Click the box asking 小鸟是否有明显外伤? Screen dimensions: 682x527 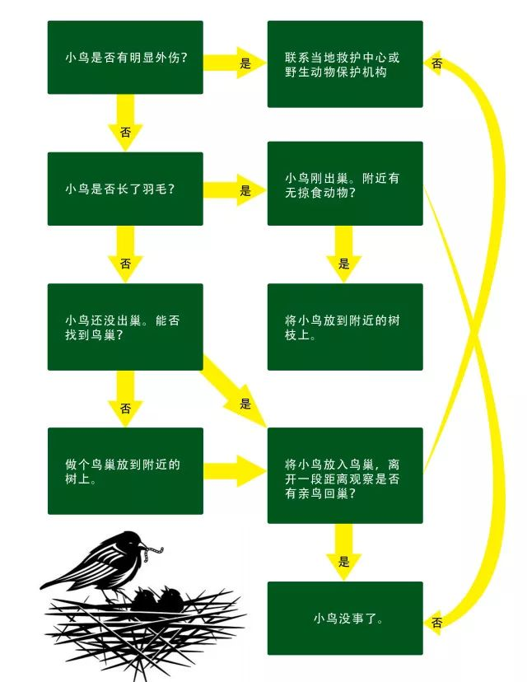(125, 58)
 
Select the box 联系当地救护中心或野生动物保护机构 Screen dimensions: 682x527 (345, 64)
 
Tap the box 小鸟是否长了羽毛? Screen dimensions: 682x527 (125, 189)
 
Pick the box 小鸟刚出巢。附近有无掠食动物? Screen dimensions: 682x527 (345, 183)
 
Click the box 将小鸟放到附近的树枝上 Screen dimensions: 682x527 (345, 327)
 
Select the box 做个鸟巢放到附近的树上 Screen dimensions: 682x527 (125, 471)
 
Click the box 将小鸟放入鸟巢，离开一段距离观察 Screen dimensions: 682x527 (345, 475)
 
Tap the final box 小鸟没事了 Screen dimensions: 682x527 (345, 618)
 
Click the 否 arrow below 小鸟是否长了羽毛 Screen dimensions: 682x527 (125, 261)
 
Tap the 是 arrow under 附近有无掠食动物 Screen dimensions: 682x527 (344, 255)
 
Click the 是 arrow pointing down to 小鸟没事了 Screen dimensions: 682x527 (344, 554)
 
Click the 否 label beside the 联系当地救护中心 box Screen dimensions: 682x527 (437, 63)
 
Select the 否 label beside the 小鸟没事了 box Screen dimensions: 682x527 (437, 623)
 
